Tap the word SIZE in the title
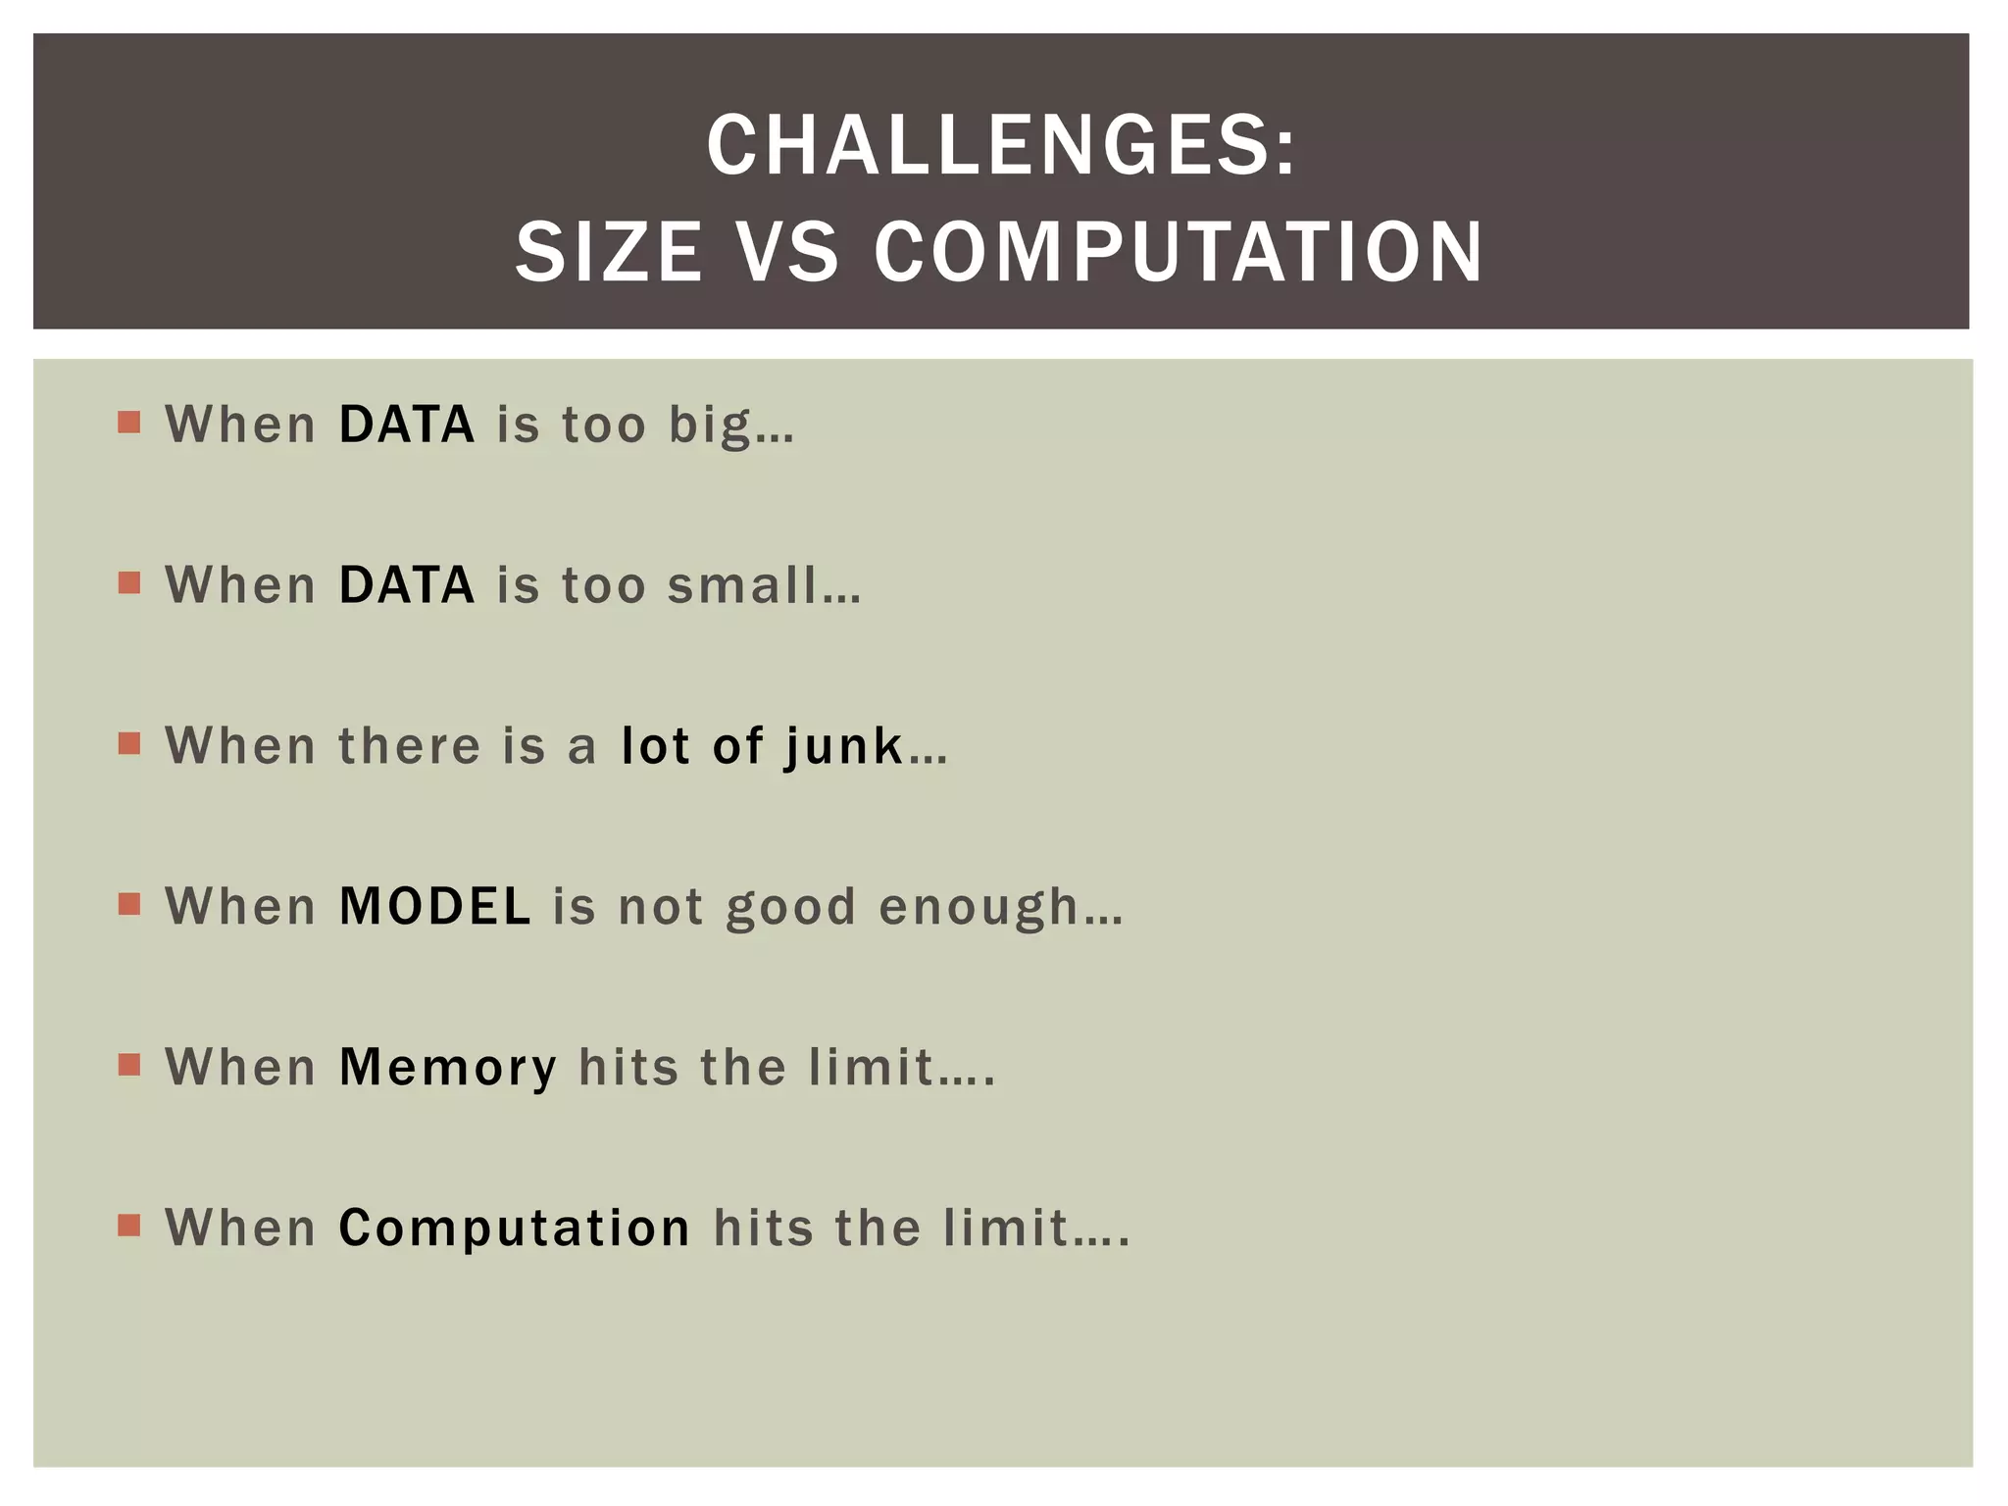pos(609,252)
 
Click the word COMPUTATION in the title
pos(1179,252)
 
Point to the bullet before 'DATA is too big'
pos(128,423)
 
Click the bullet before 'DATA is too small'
pos(128,583)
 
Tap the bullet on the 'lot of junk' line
pos(128,744)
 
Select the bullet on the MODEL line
pos(128,904)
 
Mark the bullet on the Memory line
pos(128,1065)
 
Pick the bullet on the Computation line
pos(128,1226)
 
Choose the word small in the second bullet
pos(742,585)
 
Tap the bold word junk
pos(843,747)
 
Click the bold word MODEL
pos(434,906)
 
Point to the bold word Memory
pos(448,1069)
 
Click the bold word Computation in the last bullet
pos(515,1229)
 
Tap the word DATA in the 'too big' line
pos(407,425)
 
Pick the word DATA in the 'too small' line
pos(407,585)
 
